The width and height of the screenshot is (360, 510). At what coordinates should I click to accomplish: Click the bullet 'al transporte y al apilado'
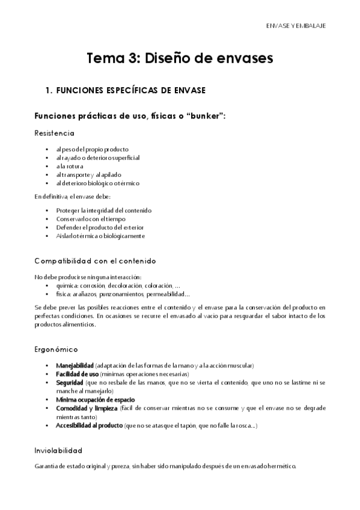tap(88, 174)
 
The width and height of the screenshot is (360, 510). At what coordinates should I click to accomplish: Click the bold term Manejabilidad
tap(75, 366)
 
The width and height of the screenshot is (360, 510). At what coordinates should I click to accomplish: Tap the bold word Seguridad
tap(70, 382)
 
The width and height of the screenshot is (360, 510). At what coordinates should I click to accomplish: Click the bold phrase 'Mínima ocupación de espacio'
tap(95, 399)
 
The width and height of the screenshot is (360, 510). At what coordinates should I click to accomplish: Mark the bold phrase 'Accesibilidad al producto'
tap(89, 425)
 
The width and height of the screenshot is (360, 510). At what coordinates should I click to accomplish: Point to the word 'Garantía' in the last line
tap(47, 467)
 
